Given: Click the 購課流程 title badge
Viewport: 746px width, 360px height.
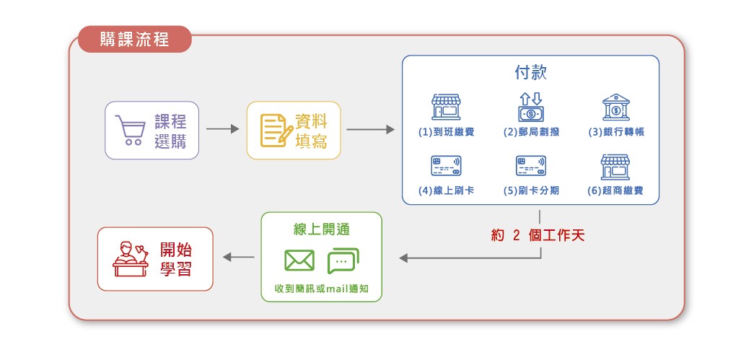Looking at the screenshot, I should (x=135, y=39).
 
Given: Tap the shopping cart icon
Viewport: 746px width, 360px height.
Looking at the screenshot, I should (x=130, y=131).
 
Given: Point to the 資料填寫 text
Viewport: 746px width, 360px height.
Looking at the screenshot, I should (x=312, y=131).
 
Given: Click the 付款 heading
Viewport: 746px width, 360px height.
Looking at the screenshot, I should (x=530, y=73).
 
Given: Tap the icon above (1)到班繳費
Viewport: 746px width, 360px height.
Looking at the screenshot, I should (x=446, y=107).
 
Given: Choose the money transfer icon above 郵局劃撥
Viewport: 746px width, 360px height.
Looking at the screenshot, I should (x=530, y=107).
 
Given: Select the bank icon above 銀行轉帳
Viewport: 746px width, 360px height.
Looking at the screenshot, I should (x=615, y=107).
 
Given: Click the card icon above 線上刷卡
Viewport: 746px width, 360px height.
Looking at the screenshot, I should (x=446, y=167).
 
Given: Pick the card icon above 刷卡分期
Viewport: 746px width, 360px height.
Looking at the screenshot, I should (x=530, y=167).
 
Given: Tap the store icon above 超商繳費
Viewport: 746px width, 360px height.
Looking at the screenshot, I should (x=615, y=167).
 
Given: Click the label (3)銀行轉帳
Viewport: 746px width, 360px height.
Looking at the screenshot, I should (x=615, y=132).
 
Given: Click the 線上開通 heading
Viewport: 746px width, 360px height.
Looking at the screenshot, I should (x=321, y=229).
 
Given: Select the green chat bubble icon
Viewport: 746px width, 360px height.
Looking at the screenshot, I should (x=343, y=260).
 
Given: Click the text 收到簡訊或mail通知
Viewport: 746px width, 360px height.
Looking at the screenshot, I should (x=321, y=289).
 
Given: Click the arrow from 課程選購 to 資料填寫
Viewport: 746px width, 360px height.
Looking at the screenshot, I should (x=222, y=130).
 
